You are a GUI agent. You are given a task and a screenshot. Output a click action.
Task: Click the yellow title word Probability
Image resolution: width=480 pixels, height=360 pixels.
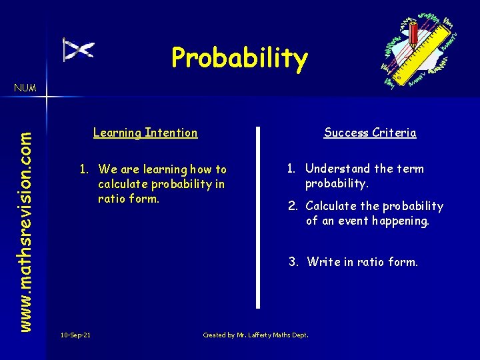pyautogui.click(x=239, y=58)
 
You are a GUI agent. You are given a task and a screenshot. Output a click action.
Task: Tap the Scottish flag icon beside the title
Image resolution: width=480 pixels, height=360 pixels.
pyautogui.click(x=78, y=49)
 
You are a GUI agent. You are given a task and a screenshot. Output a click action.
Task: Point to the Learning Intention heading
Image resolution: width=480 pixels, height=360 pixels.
pyautogui.click(x=145, y=133)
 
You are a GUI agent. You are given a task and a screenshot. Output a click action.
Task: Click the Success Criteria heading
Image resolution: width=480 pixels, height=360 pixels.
pyautogui.click(x=370, y=133)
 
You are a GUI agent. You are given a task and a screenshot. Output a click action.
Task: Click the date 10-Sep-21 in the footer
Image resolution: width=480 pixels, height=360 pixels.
pyautogui.click(x=75, y=335)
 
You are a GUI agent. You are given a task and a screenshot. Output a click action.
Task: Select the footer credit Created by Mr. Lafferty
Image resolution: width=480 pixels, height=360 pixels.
pyautogui.click(x=255, y=335)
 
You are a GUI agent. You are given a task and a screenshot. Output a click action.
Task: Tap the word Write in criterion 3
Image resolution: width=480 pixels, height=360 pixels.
pyautogui.click(x=323, y=262)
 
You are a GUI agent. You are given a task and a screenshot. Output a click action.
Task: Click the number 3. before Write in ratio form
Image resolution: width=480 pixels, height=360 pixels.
pyautogui.click(x=293, y=262)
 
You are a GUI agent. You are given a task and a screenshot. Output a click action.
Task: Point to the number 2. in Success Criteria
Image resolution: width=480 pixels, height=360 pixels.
pyautogui.click(x=293, y=206)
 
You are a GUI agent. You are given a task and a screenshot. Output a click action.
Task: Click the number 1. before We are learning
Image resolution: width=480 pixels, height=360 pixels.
pyautogui.click(x=85, y=170)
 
